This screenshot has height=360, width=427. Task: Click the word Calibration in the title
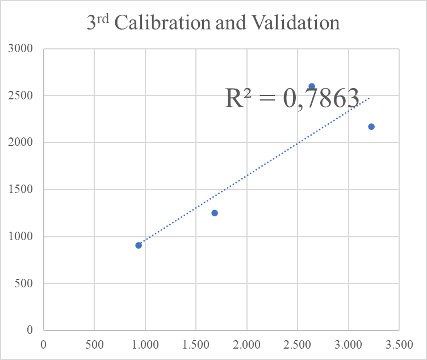162,22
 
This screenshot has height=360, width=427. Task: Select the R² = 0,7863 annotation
292,99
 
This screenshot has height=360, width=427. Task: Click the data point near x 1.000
139,245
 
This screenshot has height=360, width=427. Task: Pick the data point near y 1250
215,213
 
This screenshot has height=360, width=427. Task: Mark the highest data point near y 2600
312,87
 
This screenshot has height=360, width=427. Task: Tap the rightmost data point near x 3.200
371,127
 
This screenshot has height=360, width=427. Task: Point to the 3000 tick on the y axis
20,48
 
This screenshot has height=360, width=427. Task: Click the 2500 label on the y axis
20,95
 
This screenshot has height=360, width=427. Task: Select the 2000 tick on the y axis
20,142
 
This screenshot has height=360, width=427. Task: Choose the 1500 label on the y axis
20,189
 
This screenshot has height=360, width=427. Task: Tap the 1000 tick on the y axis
20,236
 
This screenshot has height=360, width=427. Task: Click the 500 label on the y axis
24,283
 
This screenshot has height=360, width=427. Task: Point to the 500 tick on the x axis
94,345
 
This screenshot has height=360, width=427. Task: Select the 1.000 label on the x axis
145,345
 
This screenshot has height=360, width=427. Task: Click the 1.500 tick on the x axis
196,345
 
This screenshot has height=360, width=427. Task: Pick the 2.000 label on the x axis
247,345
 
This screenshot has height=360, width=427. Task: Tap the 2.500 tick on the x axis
298,345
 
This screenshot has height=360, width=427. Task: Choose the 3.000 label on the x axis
348,345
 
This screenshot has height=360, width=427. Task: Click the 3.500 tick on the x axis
399,345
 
